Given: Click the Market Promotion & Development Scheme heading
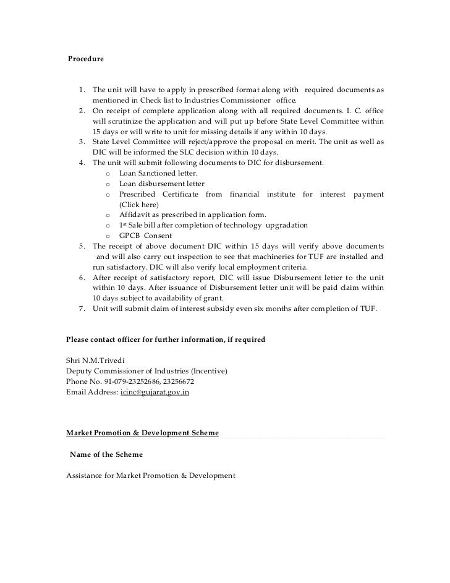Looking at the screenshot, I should pos(142,433).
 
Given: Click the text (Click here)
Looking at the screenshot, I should pos(138,205).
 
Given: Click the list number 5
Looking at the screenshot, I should pos(82,247).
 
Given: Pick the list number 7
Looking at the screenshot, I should pos(82,309).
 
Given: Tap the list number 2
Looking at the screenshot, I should pos(82,111).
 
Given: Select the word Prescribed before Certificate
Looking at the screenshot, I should pos(140,195).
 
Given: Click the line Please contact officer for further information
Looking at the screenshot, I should pos(166,339).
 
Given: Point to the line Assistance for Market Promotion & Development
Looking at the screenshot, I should pos(150,475).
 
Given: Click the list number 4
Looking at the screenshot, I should pos(82,163).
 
